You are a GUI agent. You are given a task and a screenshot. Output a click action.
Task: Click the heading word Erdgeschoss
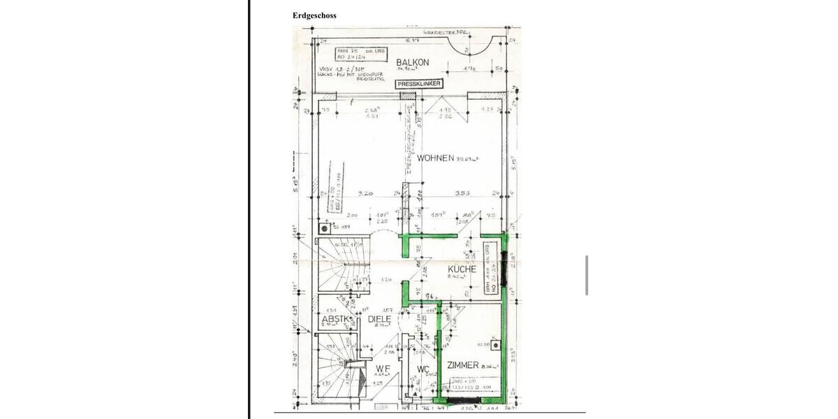pyautogui.click(x=314, y=15)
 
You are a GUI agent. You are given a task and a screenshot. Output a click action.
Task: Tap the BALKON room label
pyautogui.click(x=412, y=63)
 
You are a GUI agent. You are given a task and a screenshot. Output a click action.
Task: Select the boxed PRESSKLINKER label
pyautogui.click(x=419, y=84)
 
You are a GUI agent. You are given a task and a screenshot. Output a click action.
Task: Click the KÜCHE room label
pyautogui.click(x=462, y=269)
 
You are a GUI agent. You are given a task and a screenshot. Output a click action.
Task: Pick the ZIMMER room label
pyautogui.click(x=462, y=365)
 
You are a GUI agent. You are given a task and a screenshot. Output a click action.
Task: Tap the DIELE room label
pyautogui.click(x=380, y=319)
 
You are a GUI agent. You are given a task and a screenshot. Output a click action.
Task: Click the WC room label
pyautogui.click(x=422, y=369)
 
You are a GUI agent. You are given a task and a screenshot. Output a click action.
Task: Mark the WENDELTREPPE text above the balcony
pyautogui.click(x=446, y=33)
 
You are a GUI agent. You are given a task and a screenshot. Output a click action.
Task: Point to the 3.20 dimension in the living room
pyautogui.click(x=365, y=193)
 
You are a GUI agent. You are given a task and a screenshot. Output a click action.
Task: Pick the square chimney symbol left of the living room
pyautogui.click(x=325, y=228)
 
